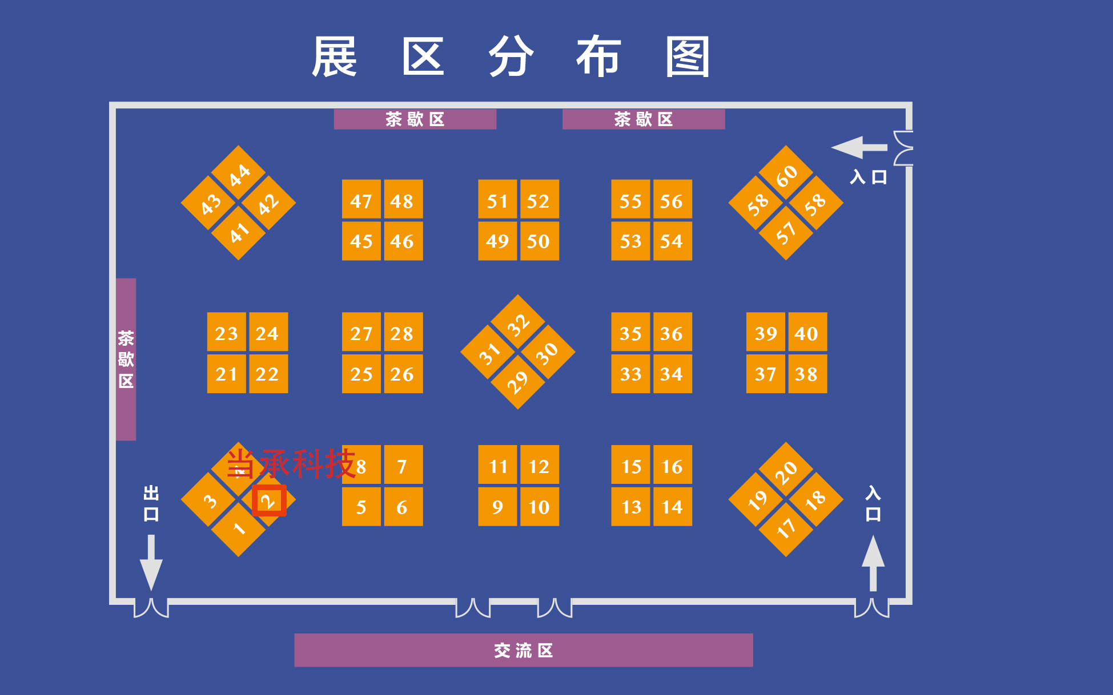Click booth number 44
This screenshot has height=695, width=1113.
pyautogui.click(x=238, y=173)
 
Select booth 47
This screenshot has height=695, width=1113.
pyautogui.click(x=361, y=200)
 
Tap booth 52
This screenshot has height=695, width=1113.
pyautogui.click(x=539, y=200)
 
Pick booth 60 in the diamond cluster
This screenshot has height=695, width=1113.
pyautogui.click(x=786, y=174)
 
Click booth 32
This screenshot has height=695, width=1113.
pyautogui.click(x=518, y=324)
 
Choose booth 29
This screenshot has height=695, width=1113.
pyautogui.click(x=518, y=381)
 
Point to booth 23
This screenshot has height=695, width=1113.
pyautogui.click(x=226, y=333)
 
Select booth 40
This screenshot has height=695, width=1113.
pyautogui.click(x=806, y=333)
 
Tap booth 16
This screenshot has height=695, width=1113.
pyautogui.click(x=672, y=466)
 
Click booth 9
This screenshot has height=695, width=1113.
pyautogui.click(x=497, y=506)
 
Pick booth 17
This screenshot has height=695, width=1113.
pyautogui.click(x=786, y=528)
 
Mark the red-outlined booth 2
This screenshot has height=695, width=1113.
pyautogui.click(x=268, y=500)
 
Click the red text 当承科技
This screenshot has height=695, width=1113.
pyautogui.click(x=291, y=463)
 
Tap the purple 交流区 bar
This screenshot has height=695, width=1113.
pyautogui.click(x=523, y=650)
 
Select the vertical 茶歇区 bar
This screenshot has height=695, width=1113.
pyautogui.click(x=126, y=359)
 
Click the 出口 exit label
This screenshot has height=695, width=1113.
pyautogui.click(x=151, y=503)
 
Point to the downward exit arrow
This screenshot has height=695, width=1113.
pyautogui.click(x=151, y=562)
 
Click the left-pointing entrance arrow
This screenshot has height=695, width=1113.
pyautogui.click(x=858, y=148)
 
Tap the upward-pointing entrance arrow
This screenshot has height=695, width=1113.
pyautogui.click(x=873, y=562)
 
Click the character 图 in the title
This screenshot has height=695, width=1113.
pyautogui.click(x=687, y=56)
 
